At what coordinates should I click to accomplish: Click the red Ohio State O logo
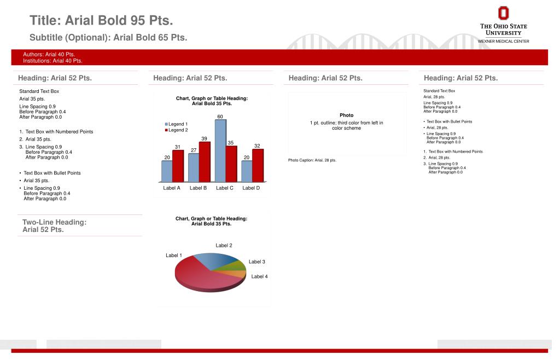click(503, 13)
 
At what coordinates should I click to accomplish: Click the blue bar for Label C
click(220, 150)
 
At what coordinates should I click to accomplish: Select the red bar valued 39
click(205, 162)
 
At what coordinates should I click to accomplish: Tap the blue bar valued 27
click(194, 168)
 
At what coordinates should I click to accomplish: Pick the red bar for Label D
click(258, 165)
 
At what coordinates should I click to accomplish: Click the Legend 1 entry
click(176, 124)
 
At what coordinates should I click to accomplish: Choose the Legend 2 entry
click(177, 130)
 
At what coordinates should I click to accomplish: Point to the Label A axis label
click(172, 188)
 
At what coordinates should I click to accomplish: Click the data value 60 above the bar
click(220, 117)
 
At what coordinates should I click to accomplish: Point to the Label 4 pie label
click(259, 277)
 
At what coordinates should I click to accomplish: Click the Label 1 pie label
click(174, 256)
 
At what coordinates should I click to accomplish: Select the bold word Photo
click(346, 115)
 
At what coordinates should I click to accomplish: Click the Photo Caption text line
click(312, 160)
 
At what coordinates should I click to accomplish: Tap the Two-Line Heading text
click(54, 226)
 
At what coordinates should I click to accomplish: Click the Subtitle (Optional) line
click(108, 38)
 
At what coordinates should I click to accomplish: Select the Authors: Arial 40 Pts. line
click(49, 55)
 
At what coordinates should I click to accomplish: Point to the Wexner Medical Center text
click(504, 42)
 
